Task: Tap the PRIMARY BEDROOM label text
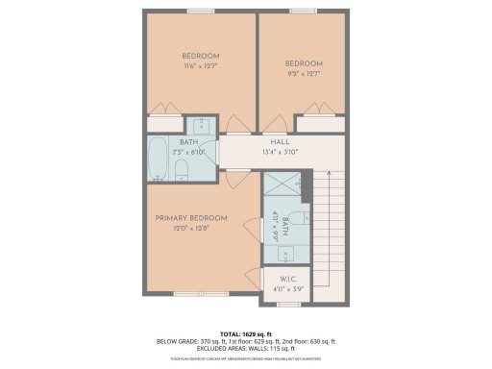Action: click(x=191, y=218)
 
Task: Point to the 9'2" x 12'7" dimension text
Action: click(x=303, y=72)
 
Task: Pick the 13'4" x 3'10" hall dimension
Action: click(x=280, y=152)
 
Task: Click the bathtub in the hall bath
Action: click(x=158, y=159)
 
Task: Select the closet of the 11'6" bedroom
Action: click(x=165, y=123)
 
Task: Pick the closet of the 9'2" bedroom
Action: click(x=319, y=123)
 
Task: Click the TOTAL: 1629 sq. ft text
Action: click(x=246, y=332)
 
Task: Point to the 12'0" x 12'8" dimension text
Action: click(x=191, y=229)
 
